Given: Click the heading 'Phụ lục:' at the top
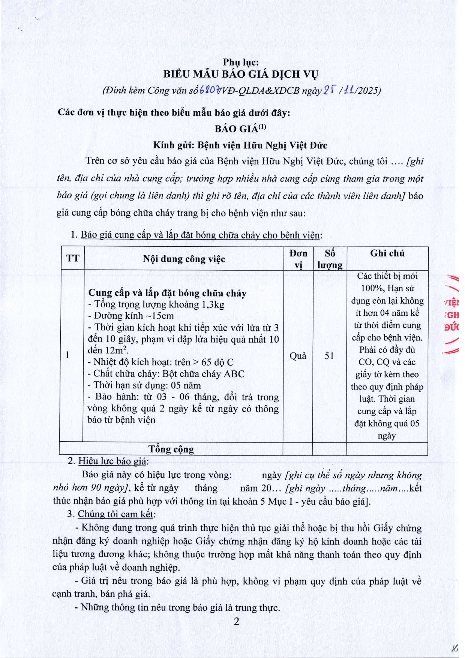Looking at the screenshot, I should tap(240, 62).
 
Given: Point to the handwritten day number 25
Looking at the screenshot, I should tap(329, 90).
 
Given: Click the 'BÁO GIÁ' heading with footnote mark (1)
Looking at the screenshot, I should tap(240, 129).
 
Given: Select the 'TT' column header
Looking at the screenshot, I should tap(73, 258).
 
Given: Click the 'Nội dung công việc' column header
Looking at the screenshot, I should tap(184, 259).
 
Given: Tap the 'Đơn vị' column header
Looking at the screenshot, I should tap(298, 259).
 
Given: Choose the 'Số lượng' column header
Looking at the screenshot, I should tap(330, 259).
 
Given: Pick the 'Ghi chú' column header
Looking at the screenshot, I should tap(387, 253).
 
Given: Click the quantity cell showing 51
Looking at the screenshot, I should tap(329, 356).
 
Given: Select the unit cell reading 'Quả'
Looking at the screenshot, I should tap(298, 356).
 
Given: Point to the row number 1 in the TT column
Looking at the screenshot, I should tap(67, 355).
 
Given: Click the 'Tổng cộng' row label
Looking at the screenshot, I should tap(171, 449).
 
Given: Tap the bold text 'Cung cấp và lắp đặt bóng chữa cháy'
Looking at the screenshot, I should tap(167, 293).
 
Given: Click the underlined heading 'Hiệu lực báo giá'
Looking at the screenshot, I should tap(113, 461).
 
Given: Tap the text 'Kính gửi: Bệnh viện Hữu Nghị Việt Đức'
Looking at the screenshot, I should tap(240, 145).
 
